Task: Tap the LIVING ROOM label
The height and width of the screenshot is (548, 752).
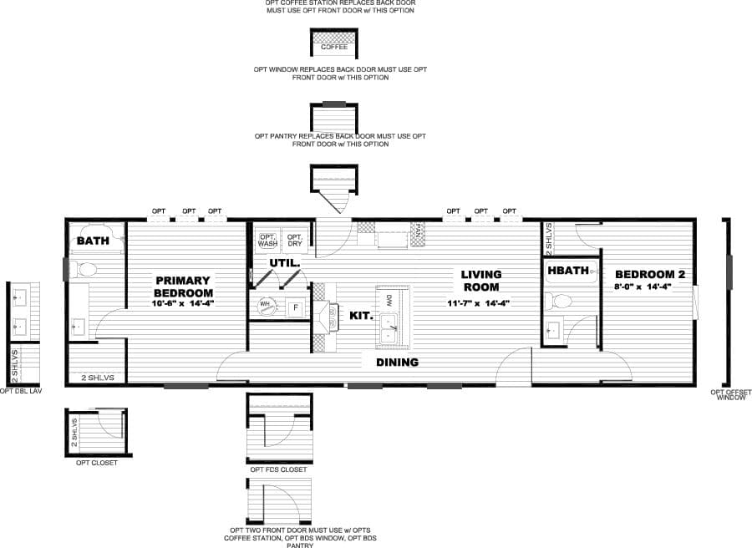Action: [x=481, y=280]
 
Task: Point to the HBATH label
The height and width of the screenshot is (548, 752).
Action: [x=568, y=271]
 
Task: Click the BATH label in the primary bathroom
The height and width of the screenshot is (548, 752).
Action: [x=93, y=241]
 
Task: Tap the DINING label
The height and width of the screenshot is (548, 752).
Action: [x=397, y=362]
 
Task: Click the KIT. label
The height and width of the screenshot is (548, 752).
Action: [x=360, y=316]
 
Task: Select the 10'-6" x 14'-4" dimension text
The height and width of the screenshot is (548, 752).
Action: [x=183, y=303]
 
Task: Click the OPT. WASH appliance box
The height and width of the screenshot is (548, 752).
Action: [x=267, y=240]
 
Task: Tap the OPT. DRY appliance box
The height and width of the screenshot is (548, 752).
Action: [x=294, y=240]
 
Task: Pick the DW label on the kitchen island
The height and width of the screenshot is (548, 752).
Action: [x=389, y=299]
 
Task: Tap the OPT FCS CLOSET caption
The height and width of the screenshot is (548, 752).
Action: [x=278, y=469]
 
